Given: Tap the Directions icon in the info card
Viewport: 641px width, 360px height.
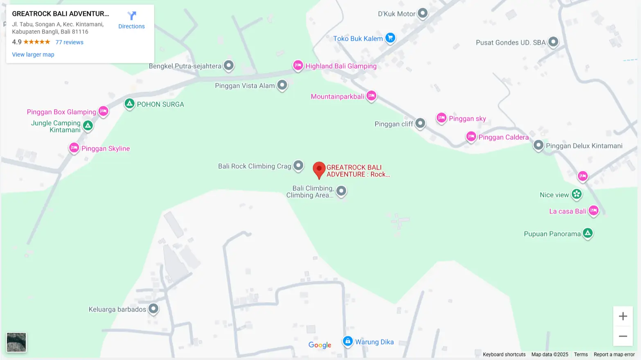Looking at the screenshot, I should pos(131,16).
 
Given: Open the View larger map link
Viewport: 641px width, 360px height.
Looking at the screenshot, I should pos(33,54).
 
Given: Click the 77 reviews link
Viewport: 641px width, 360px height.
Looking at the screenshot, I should pos(69,42).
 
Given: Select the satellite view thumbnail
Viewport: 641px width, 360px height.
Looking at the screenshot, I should pos(16,342).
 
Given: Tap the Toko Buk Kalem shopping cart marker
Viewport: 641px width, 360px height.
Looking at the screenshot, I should pos(390,38).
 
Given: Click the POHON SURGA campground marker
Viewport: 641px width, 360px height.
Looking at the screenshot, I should pos(129,103).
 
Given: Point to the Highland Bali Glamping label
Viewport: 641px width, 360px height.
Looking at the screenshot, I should pos(341,66).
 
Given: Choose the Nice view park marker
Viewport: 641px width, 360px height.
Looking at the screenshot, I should pos(576,194).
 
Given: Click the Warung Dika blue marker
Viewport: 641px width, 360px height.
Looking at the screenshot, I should pos(347,341).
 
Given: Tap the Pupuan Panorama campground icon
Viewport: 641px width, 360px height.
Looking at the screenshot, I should pos(587,233).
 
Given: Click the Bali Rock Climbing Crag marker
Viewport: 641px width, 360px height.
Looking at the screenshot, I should pos(299,165).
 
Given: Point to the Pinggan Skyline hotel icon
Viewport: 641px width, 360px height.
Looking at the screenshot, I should pos(74,148).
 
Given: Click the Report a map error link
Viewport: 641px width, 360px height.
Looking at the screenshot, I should pos(614,355).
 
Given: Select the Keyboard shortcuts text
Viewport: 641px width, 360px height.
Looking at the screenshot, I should pos(504,355).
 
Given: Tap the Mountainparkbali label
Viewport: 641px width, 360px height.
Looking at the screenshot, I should pos(337,97).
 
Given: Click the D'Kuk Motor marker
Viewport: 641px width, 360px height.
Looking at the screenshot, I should pos(422,13).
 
